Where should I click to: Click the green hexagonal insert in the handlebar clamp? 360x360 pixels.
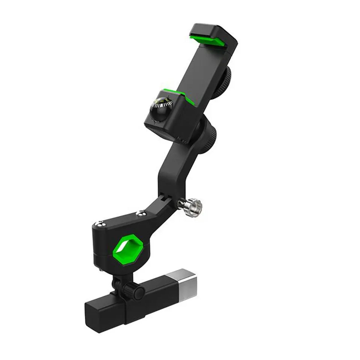coord(124,248)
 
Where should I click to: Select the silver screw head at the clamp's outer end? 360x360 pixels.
coord(100,224)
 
